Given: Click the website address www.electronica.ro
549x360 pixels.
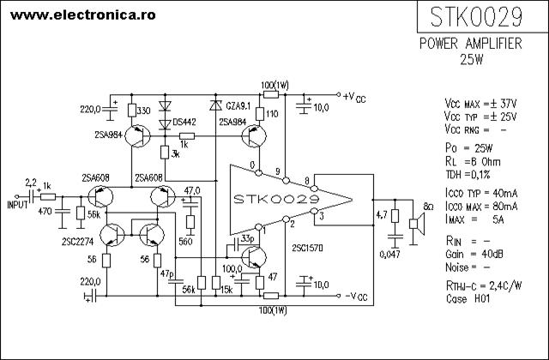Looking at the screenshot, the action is point(83,15).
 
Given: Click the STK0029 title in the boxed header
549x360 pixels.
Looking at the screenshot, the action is point(476,17).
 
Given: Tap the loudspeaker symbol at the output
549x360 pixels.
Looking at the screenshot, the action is point(418,224).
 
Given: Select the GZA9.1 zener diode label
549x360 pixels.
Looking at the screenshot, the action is point(238,105).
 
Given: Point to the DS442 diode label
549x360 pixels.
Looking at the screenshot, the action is point(184,123).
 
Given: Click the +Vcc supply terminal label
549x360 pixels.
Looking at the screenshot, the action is point(354,98).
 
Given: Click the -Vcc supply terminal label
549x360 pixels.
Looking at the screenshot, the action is point(356,297).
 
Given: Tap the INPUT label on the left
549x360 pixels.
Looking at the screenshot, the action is point(17,205).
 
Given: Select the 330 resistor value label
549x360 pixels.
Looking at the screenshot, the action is point(143,111).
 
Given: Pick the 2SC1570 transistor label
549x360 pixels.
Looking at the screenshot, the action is point(307,248).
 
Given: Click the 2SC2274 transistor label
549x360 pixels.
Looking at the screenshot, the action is point(78,242).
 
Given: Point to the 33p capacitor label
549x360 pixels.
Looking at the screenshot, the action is point(248,238).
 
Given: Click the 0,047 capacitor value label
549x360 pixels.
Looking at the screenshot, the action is point(389,255).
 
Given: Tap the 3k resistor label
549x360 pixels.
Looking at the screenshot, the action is point(175,154).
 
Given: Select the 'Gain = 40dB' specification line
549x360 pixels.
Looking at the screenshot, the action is point(474,255).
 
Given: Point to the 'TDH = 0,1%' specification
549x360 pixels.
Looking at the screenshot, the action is point(468,174).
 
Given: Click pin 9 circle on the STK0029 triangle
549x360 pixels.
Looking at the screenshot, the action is point(286,181).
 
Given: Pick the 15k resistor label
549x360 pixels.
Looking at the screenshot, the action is point(226,290).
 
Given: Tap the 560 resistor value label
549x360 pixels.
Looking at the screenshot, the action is point(185,242).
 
